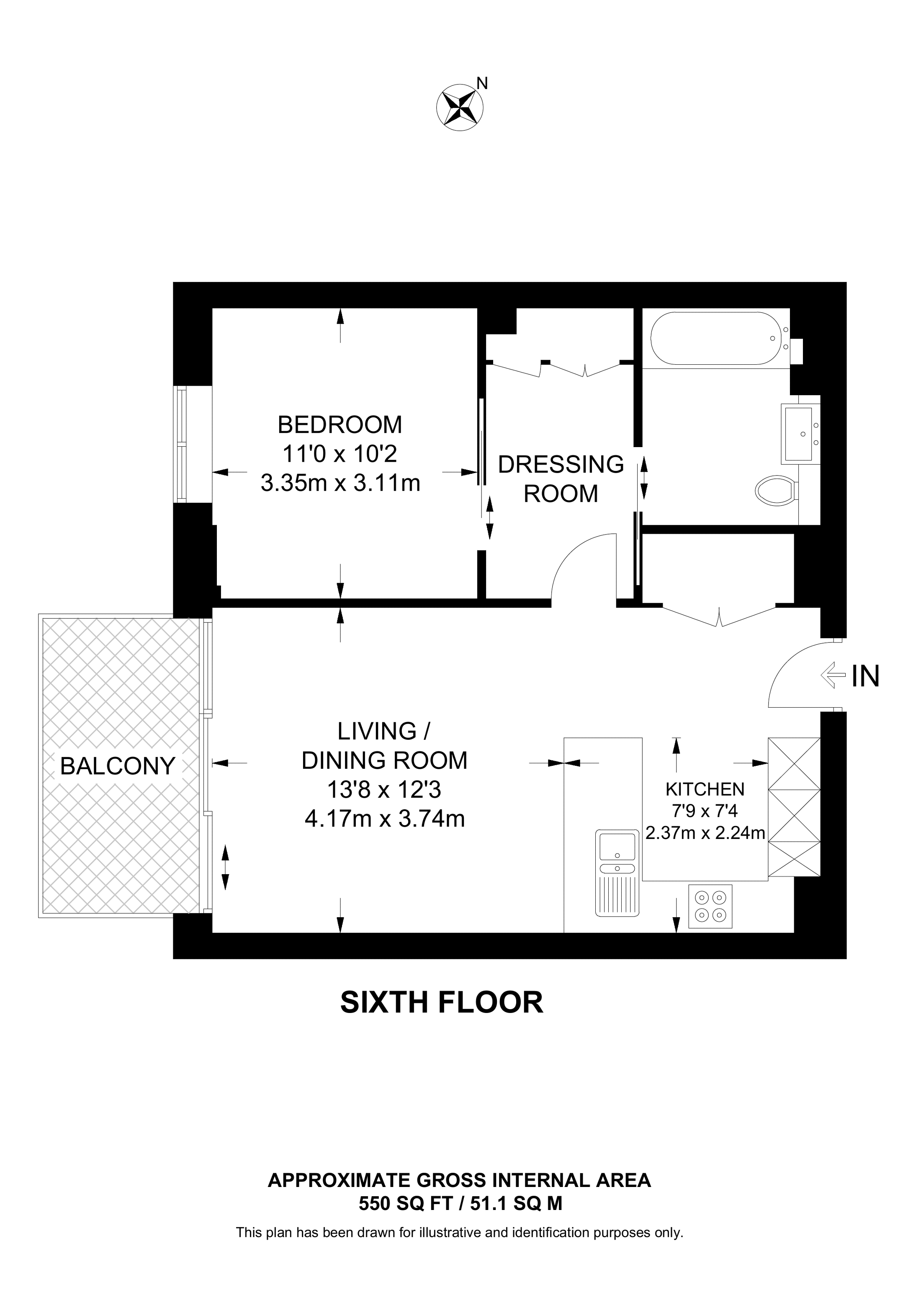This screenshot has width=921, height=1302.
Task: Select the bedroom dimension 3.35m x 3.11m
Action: click(340, 483)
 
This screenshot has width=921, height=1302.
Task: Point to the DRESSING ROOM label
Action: click(561, 479)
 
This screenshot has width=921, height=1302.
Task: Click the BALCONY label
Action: click(118, 766)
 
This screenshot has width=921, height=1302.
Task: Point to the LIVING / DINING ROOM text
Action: click(384, 746)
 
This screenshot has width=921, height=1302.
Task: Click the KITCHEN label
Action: click(705, 789)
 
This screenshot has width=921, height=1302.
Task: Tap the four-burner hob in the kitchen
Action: click(710, 906)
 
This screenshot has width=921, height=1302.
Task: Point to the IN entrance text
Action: click(865, 676)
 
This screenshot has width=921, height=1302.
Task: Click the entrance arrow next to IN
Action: click(833, 675)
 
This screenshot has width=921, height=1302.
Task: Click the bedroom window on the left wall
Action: click(181, 444)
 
